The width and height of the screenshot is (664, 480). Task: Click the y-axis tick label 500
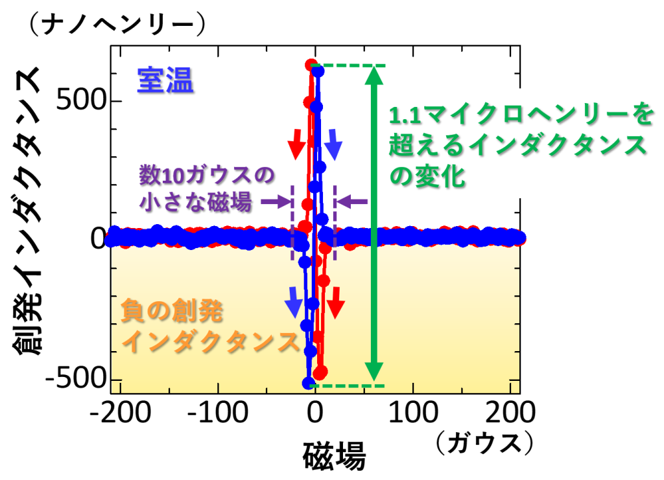click(x=77, y=102)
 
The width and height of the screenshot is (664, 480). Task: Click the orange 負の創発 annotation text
click(x=172, y=314)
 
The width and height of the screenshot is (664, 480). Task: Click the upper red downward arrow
click(x=295, y=143)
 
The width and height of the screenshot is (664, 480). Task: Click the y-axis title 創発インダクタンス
click(x=29, y=214)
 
